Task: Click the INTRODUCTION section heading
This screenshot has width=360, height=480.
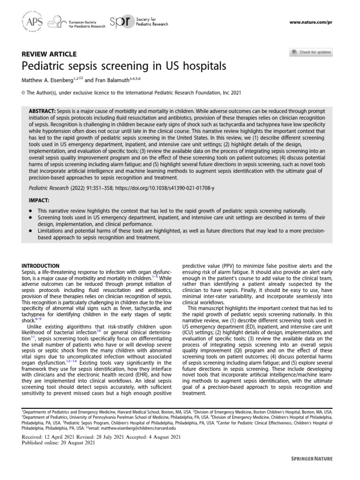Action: [x=41, y=266]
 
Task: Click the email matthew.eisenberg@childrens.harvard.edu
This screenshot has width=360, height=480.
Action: [x=136, y=427]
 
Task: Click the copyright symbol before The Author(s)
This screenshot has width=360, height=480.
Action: [x=24, y=93]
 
